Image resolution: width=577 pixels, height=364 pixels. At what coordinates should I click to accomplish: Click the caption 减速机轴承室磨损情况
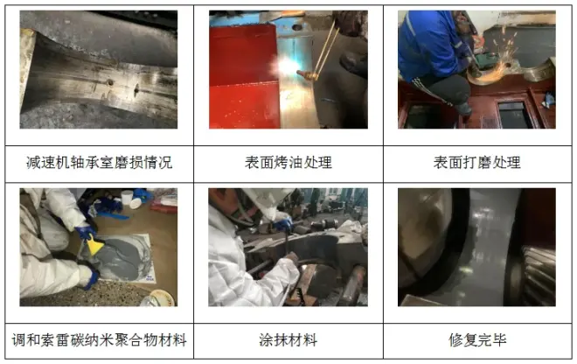tap(99, 163)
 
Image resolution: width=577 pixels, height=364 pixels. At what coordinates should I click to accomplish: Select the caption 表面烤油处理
tap(288, 163)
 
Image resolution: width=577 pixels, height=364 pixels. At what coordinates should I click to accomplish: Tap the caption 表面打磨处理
tap(477, 163)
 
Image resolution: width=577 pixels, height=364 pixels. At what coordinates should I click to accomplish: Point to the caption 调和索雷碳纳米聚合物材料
tap(99, 340)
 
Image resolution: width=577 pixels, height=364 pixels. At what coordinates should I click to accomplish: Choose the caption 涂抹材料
tap(288, 340)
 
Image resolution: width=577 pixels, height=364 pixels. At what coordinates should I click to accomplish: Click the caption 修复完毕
tap(477, 340)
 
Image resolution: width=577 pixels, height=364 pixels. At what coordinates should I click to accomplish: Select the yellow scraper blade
tap(94, 246)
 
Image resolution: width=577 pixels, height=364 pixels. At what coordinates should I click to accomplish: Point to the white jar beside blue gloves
tap(126, 199)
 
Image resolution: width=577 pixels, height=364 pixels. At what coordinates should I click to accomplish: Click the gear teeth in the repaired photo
tap(539, 276)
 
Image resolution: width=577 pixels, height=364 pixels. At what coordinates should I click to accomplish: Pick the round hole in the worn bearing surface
tap(109, 83)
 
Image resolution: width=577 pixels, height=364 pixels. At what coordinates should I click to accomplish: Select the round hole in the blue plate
tap(297, 27)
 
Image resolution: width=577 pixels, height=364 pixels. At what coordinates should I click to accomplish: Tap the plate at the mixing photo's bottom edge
tap(161, 297)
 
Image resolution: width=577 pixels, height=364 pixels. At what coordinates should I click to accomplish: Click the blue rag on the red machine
tap(548, 100)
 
